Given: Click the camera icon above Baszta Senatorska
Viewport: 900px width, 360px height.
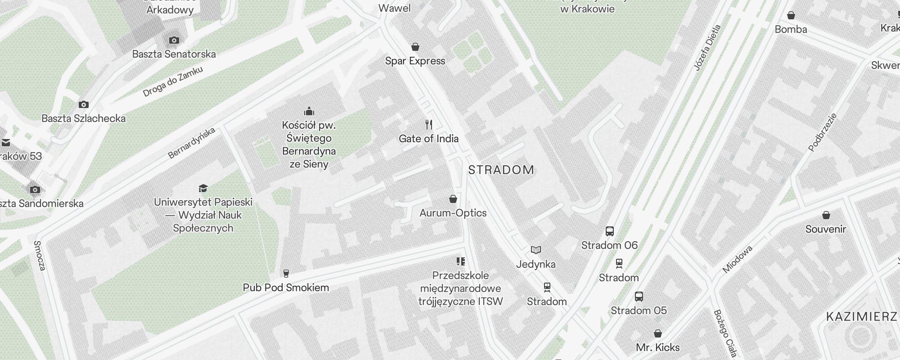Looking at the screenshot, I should (174, 40).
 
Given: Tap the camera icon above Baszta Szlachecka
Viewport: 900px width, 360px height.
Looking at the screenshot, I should (84, 105).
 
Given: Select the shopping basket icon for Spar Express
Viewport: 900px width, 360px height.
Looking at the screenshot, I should (415, 47).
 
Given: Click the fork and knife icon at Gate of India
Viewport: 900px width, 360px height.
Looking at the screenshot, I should (429, 125).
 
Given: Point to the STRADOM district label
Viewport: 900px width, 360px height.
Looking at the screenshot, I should (501, 170).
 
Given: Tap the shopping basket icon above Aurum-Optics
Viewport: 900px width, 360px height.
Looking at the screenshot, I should (453, 199).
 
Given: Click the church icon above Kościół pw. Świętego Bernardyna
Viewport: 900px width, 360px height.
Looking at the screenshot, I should (309, 111).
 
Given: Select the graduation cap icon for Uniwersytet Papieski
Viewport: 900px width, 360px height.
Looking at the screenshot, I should (203, 188).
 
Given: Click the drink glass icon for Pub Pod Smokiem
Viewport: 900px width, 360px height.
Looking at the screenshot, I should (286, 273).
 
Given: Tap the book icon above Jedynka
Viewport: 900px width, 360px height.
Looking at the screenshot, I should (535, 250).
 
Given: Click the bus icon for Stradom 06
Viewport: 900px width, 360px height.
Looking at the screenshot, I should (610, 231).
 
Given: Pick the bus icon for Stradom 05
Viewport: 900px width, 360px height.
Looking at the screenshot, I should (639, 297).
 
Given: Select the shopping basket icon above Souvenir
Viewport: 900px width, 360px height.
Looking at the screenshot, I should (826, 215).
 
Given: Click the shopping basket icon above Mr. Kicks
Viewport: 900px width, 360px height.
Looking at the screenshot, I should (658, 333).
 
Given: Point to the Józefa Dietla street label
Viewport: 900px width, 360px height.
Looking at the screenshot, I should (707, 48).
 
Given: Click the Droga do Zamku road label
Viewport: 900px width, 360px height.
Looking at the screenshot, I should (173, 81).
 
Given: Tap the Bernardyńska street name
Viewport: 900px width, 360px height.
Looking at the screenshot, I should (192, 143).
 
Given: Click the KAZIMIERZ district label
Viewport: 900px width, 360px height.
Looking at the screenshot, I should (861, 317).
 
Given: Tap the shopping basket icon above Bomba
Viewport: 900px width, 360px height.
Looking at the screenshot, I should (791, 16).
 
